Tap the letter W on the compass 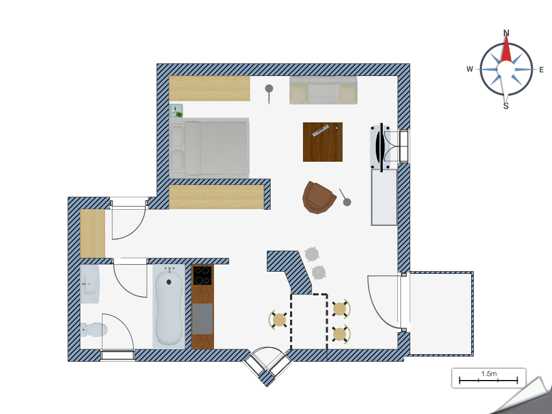[470, 69]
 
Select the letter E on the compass [541, 70]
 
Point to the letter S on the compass [506, 106]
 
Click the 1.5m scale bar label [488, 374]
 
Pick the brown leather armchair [318, 197]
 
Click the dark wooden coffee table [322, 142]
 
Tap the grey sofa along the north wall [323, 90]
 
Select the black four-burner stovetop [203, 275]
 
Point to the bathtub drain [169, 281]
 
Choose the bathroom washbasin [90, 284]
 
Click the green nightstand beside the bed [176, 111]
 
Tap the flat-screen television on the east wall [381, 148]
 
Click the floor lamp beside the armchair [344, 197]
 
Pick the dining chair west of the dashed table [279, 320]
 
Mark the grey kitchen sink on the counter [203, 319]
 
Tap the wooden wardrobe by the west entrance [93, 233]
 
